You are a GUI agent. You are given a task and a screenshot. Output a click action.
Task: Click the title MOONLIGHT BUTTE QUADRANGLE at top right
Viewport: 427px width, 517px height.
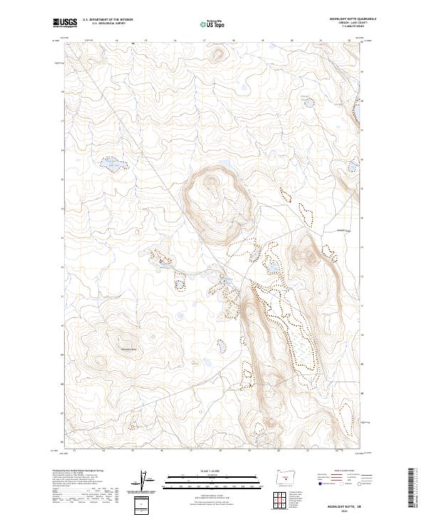(353, 19)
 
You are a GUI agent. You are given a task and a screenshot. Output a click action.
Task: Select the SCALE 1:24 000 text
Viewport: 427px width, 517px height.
(201, 470)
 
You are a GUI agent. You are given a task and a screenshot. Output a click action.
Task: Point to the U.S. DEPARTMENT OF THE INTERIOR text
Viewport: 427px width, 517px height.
(107, 19)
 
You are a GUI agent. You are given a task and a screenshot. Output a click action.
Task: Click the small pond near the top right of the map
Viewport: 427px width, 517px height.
(309, 103)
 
